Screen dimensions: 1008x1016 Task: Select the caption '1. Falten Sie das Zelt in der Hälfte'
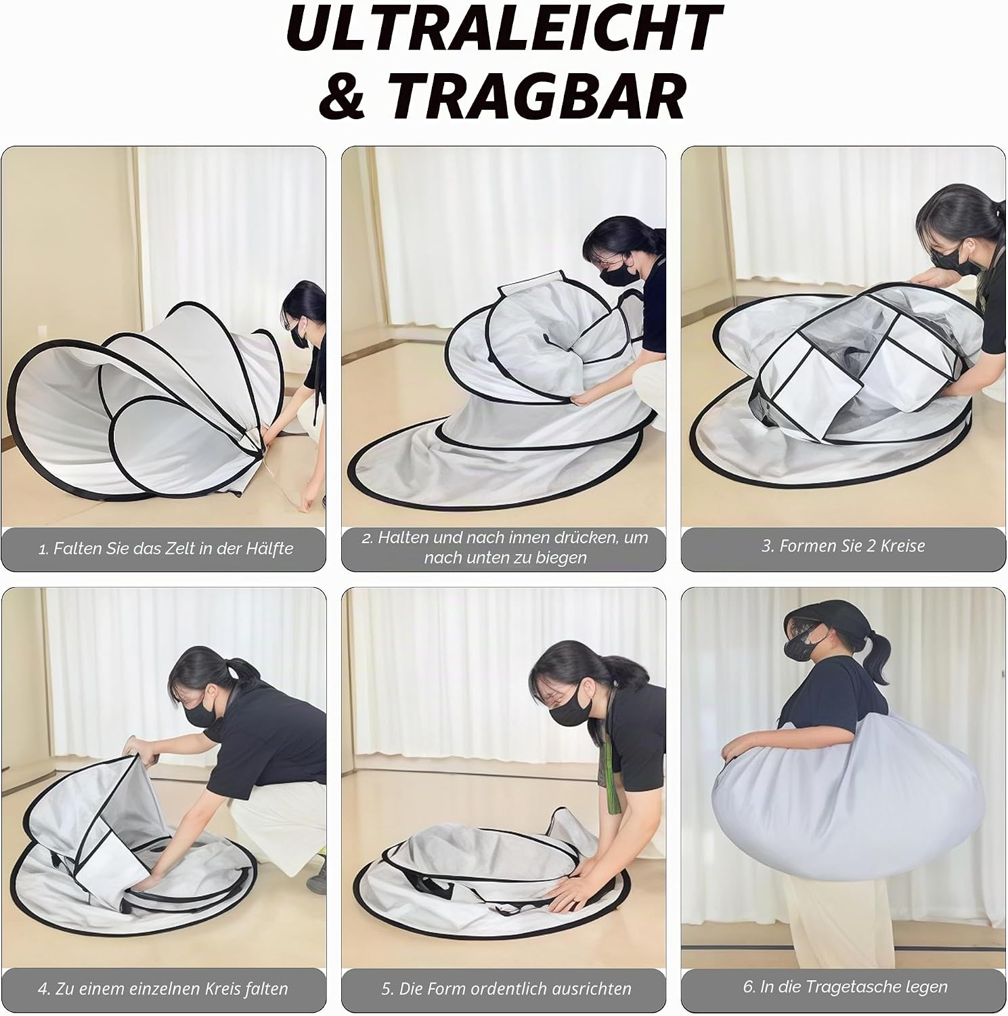[165, 549]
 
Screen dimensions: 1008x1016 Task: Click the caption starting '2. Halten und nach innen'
[504, 548]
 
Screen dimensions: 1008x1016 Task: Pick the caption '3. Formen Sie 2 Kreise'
[843, 546]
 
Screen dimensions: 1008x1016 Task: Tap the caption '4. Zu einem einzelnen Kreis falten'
[163, 989]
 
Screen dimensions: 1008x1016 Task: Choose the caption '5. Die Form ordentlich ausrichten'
[506, 989]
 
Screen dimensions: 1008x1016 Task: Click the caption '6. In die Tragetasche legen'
[845, 987]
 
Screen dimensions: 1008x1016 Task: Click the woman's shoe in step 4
[316, 879]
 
